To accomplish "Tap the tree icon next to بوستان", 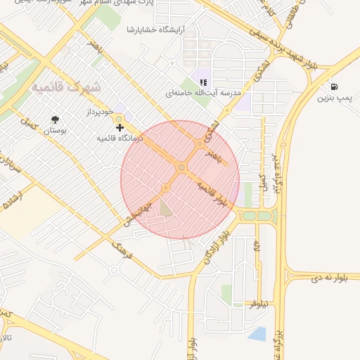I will (55, 120).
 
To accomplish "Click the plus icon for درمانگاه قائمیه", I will (120, 127).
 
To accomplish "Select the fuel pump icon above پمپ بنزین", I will (330, 87).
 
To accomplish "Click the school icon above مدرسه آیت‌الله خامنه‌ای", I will (203, 82).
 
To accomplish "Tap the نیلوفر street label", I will (262, 303).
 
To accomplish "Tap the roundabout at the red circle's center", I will (181, 167).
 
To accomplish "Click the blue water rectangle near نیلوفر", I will (257, 334).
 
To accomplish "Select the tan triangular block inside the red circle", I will (165, 208).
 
